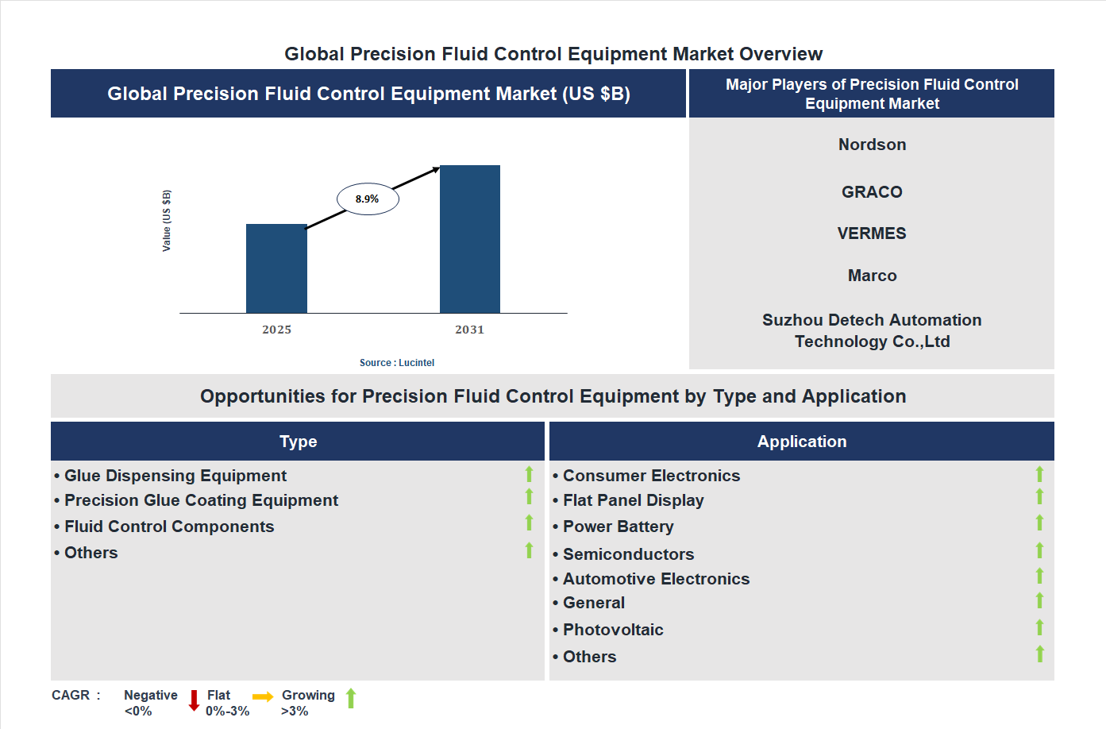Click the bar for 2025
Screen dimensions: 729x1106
[276, 268]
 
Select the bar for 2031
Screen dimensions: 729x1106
[470, 239]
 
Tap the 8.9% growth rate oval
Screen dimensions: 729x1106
[368, 199]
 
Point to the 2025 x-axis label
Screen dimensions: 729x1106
[276, 330]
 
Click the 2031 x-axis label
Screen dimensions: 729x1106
[469, 330]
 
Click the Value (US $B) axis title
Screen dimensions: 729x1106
[167, 221]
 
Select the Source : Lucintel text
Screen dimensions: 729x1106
[397, 363]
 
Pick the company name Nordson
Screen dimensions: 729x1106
[872, 145]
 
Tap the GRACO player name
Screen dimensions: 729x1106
[872, 192]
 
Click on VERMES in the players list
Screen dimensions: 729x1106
[872, 233]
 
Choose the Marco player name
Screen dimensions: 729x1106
[872, 276]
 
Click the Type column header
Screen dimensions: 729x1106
[298, 442]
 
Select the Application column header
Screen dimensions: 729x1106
[802, 442]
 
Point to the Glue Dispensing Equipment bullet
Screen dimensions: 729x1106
[175, 476]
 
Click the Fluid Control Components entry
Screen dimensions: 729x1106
[169, 526]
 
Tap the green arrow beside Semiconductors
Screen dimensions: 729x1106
[1039, 550]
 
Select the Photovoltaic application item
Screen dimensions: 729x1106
[613, 630]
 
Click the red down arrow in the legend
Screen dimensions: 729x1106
[194, 700]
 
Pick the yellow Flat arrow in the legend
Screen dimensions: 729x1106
[263, 697]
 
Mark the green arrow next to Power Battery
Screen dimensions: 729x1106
[1039, 523]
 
